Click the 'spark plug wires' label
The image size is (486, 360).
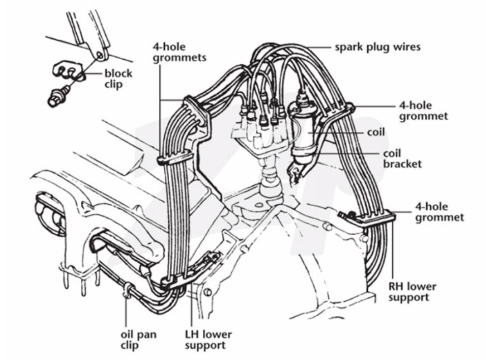pos(377,47)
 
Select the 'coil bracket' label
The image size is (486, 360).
pos(402,159)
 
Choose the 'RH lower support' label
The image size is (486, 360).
pos(412,292)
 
